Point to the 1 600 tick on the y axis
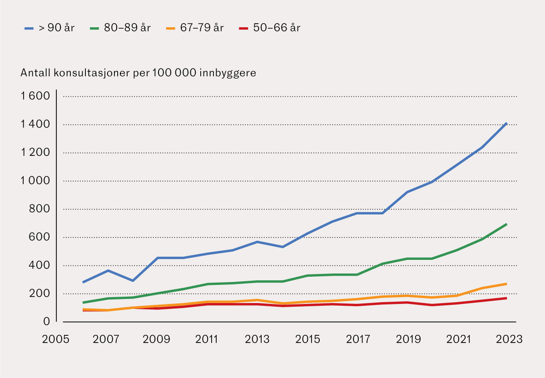[x=34, y=97]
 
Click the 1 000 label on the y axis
[x=34, y=181]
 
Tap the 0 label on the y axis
[x=46, y=322]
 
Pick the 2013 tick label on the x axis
[x=258, y=339]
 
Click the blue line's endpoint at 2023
[x=506, y=123]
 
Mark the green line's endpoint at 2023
[x=506, y=224]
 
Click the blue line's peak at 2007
[x=107, y=271]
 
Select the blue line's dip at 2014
[x=282, y=247]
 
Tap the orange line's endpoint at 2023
[x=506, y=283]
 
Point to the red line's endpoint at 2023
[x=506, y=298]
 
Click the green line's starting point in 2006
[x=83, y=303]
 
